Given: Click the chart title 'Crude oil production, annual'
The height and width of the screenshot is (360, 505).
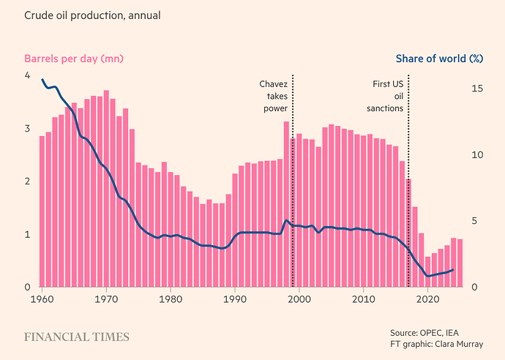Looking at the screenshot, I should (92, 15).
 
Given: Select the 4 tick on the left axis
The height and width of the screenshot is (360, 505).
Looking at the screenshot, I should (27, 76).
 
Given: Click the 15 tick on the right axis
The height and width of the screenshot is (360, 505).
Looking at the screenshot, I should (477, 89).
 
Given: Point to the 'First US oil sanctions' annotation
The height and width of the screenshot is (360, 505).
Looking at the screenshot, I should (388, 96).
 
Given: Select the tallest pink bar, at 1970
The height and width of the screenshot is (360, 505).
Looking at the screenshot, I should (106, 189).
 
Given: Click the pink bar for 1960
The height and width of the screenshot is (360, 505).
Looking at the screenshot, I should (42, 212).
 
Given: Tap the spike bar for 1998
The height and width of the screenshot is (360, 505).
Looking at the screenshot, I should (287, 205).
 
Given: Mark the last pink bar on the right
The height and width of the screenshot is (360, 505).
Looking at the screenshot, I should (460, 263).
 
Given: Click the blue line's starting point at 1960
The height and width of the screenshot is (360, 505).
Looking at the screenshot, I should (42, 79).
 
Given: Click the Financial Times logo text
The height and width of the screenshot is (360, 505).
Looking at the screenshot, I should (76, 337).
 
